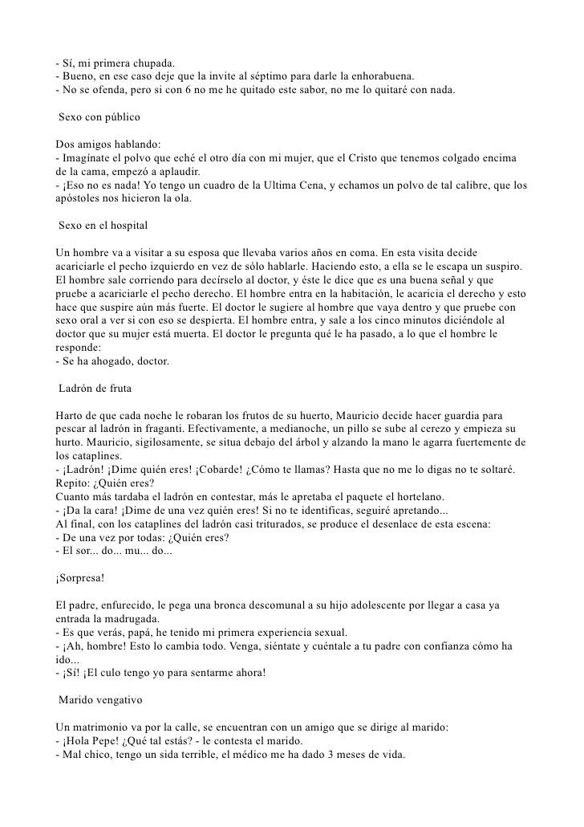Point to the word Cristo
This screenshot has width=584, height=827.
pos(365,158)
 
